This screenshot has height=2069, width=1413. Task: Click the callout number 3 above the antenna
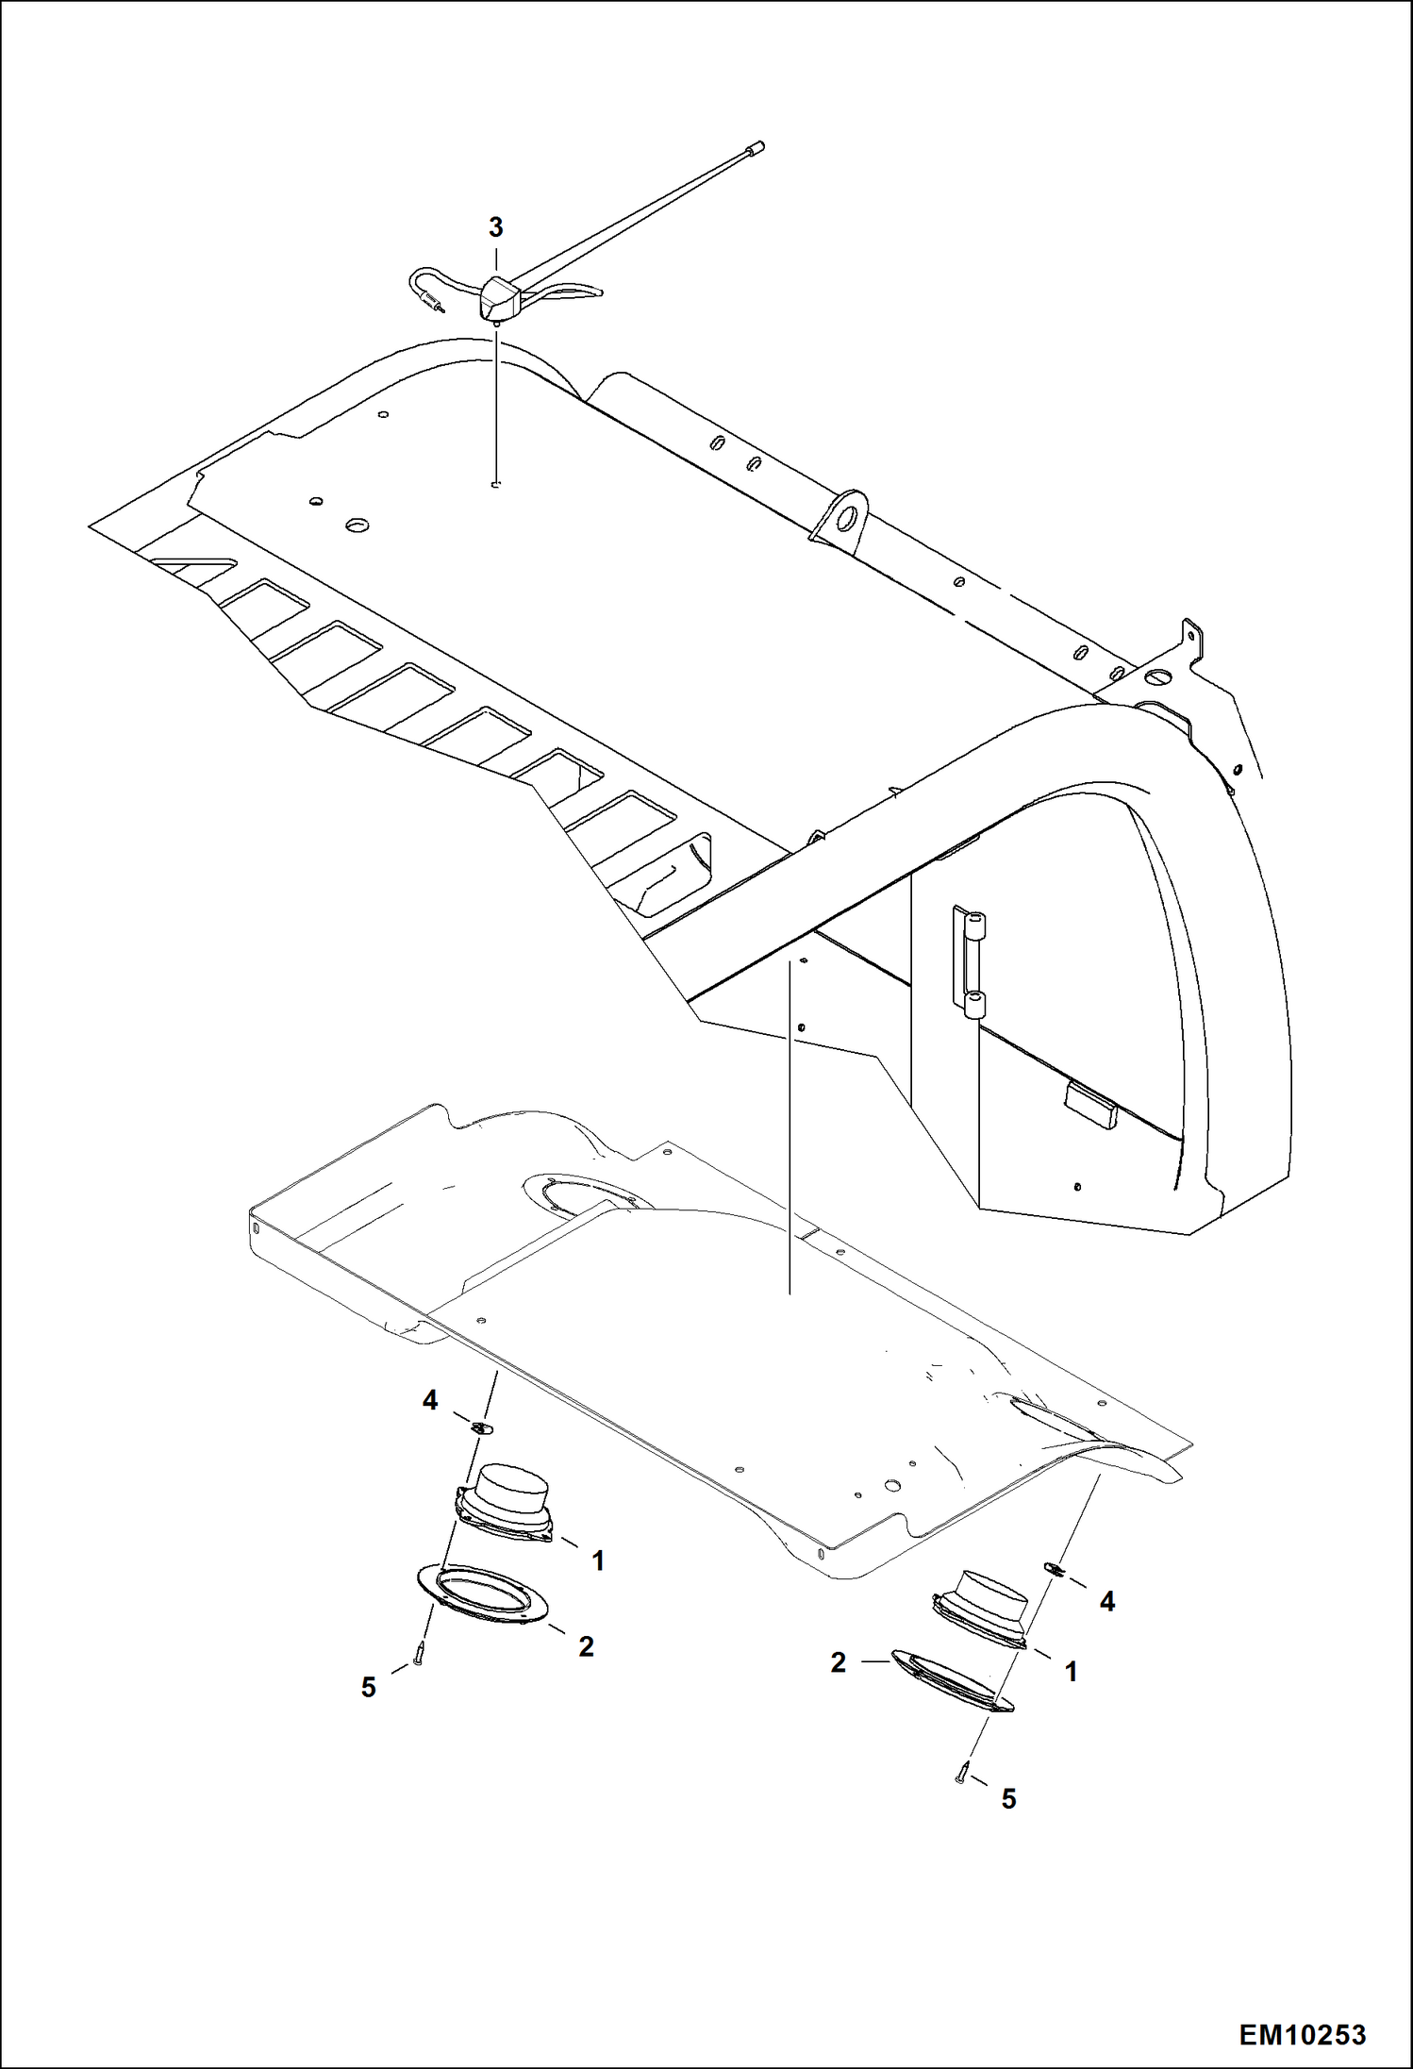tap(495, 227)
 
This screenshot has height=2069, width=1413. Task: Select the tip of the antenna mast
tap(756, 147)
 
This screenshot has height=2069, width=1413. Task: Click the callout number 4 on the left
tap(430, 1401)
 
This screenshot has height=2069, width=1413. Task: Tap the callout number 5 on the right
tap(1008, 1799)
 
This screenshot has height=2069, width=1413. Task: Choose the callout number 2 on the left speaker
tap(586, 1646)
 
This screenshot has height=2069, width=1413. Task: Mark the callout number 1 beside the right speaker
tap(1071, 1673)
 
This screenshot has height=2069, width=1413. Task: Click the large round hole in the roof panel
tap(357, 525)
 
